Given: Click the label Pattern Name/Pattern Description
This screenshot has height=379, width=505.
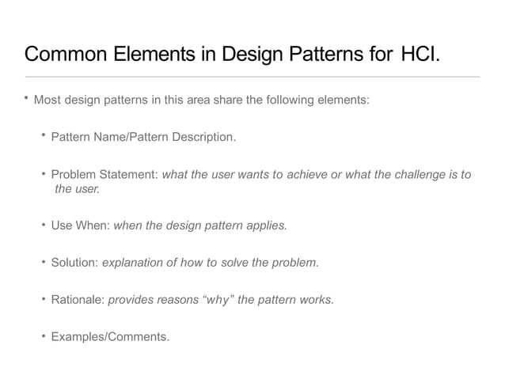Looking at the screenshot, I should click(142, 137).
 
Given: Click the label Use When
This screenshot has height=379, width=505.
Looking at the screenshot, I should click(81, 225).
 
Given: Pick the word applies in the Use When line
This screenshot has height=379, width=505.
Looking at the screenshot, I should click(267, 225).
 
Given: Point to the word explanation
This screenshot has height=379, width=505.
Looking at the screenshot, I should click(135, 262).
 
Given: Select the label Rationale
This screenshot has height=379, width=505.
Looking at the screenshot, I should click(78, 299).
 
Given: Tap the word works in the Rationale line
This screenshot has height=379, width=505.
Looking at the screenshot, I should click(316, 299).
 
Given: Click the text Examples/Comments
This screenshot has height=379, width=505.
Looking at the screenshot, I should click(110, 336).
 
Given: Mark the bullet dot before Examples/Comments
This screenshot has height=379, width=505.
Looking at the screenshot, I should click(44, 335).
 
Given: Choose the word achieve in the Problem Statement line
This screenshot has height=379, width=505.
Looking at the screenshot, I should click(308, 174).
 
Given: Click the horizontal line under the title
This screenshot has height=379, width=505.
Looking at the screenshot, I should click(252, 77).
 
